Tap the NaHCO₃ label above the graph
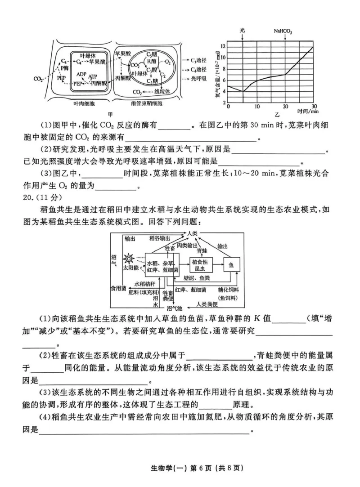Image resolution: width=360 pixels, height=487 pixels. click(283, 31)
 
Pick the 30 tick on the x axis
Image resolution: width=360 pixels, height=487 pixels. click(314, 106)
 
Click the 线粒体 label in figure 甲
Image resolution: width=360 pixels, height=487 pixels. click(162, 92)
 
